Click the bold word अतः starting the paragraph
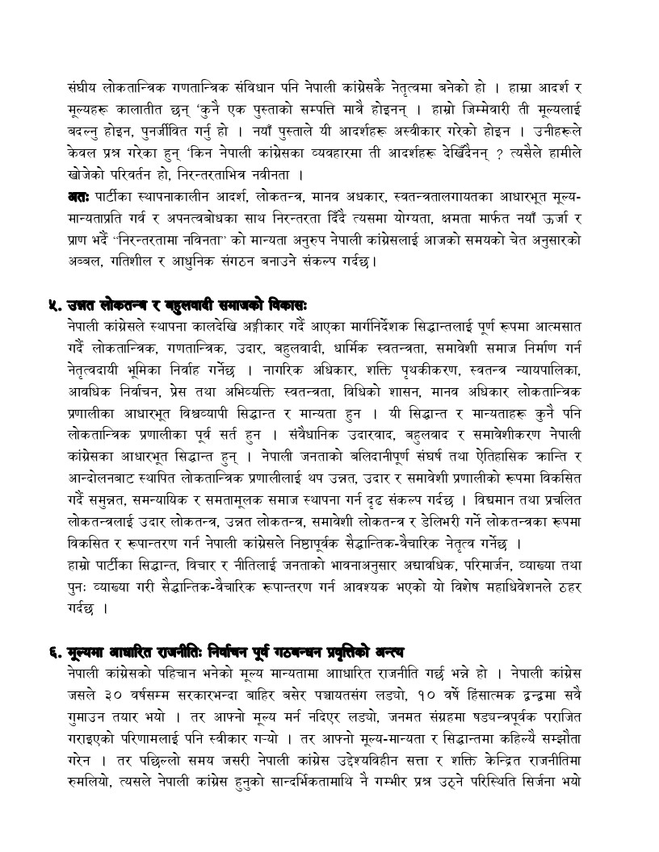tap(80, 194)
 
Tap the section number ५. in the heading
tap(55, 305)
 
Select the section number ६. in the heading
tap(55, 651)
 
